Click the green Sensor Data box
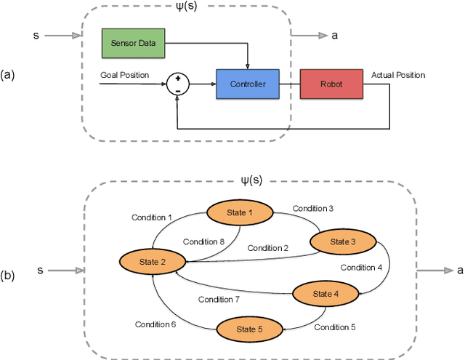pyautogui.click(x=132, y=42)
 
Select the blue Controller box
pyautogui.click(x=247, y=84)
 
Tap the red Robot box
pyautogui.click(x=331, y=84)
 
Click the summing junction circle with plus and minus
pyautogui.click(x=177, y=84)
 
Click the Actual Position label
pyautogui.click(x=398, y=75)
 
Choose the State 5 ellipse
pyautogui.click(x=248, y=329)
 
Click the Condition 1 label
pyautogui.click(x=153, y=217)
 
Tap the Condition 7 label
pyautogui.click(x=219, y=299)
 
